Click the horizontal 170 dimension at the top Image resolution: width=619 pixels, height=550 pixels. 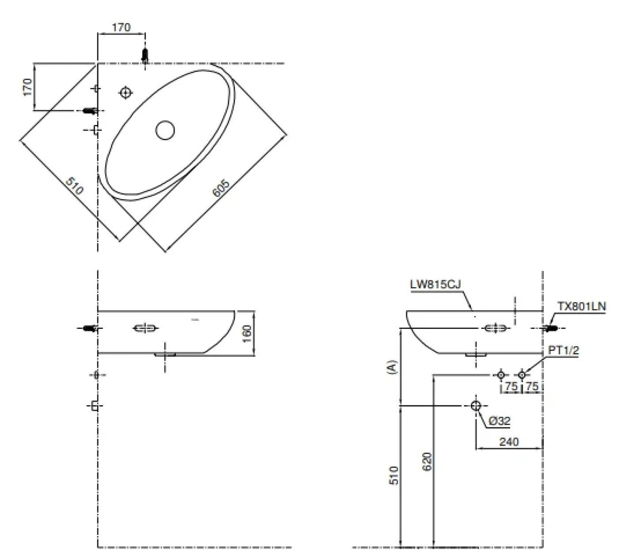click(121, 27)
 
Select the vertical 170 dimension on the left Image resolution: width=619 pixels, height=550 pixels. click(27, 87)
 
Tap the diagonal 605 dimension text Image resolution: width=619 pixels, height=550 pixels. click(221, 188)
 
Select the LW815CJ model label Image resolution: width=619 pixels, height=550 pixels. click(436, 285)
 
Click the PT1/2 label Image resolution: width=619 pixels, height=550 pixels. click(563, 350)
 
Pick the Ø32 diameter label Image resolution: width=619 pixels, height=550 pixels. click(500, 421)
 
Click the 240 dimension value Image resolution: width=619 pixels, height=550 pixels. click(509, 442)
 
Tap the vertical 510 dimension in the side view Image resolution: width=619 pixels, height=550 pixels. click(394, 475)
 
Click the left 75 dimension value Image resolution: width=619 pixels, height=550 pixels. click(511, 386)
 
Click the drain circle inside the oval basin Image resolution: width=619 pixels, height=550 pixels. click(165, 130)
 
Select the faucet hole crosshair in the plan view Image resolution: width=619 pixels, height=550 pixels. click(126, 92)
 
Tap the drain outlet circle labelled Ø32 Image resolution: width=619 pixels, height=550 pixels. click(476, 405)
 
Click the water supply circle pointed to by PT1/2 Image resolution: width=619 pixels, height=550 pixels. click(522, 375)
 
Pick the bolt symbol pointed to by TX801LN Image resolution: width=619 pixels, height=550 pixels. click(551, 328)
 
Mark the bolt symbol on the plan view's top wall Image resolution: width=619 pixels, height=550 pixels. click(145, 56)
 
